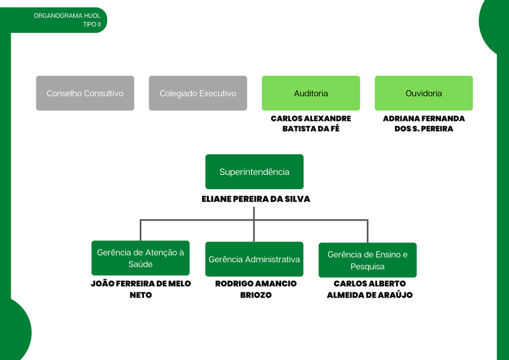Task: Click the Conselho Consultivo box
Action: [x=85, y=93]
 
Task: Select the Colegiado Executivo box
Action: [x=198, y=93]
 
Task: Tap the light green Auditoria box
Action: [x=311, y=93]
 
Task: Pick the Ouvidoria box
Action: [x=423, y=93]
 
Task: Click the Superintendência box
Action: [x=254, y=172]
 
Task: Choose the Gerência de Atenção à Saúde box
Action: [x=141, y=258]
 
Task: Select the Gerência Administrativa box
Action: [x=254, y=259]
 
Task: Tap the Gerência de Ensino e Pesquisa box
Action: [x=367, y=260]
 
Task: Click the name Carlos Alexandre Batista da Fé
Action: [x=311, y=123]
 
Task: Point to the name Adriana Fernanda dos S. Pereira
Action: [x=423, y=123]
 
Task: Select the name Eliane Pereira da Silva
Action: [x=256, y=199]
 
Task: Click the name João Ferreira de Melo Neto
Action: [x=141, y=289]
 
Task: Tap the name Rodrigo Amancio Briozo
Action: [x=256, y=289]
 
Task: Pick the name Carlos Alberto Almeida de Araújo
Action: [x=370, y=289]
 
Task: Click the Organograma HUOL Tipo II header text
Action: [x=67, y=19]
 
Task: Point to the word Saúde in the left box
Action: [x=141, y=264]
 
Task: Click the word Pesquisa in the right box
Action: [x=367, y=266]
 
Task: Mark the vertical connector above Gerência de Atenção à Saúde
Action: [x=141, y=230]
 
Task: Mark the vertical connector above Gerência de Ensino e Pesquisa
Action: [x=367, y=231]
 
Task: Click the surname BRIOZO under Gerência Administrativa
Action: [x=256, y=295]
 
